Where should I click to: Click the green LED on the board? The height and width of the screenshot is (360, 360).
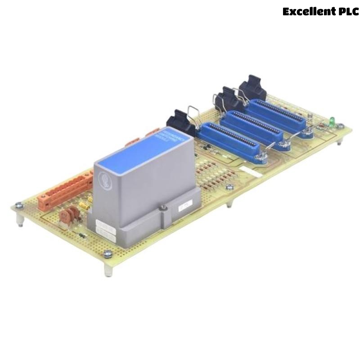click(332, 121)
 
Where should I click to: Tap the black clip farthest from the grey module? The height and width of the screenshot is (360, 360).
click(252, 90)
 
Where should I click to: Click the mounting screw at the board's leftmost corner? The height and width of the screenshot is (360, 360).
click(19, 206)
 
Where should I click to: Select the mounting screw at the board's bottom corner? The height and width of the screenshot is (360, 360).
click(108, 254)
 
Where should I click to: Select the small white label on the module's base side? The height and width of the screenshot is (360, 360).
click(185, 207)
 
